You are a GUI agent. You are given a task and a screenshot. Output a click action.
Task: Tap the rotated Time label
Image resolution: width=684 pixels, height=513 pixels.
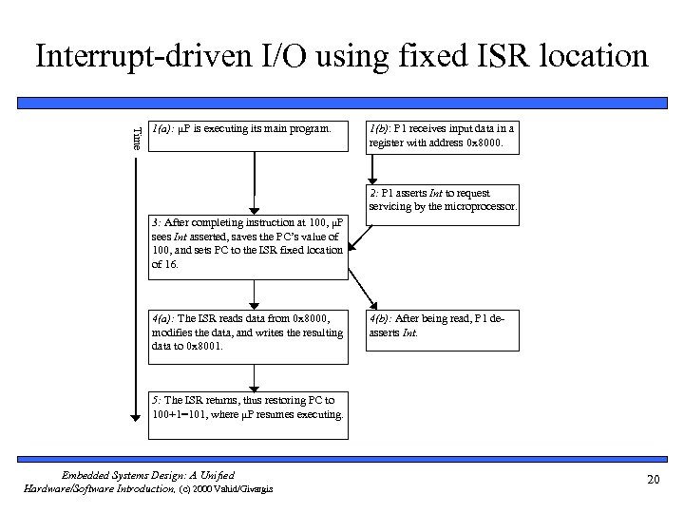click(137, 137)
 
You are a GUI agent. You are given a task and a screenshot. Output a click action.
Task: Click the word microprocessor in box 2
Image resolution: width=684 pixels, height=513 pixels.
click(479, 206)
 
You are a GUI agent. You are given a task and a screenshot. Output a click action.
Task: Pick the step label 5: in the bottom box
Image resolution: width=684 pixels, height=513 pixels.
click(157, 399)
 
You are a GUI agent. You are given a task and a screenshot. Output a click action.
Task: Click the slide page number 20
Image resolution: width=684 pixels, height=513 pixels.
click(652, 480)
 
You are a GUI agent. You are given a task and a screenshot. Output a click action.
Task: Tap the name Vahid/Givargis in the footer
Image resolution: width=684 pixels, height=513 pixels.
click(249, 487)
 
